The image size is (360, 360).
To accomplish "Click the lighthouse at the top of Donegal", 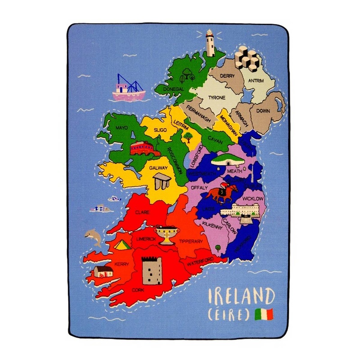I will coord(209,43).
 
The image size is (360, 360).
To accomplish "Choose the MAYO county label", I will coord(121,128).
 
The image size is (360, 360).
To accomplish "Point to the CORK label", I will coord(138,290).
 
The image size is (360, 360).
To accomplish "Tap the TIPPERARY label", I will coord(191,242).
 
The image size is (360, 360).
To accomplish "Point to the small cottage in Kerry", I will coord(103,271).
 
